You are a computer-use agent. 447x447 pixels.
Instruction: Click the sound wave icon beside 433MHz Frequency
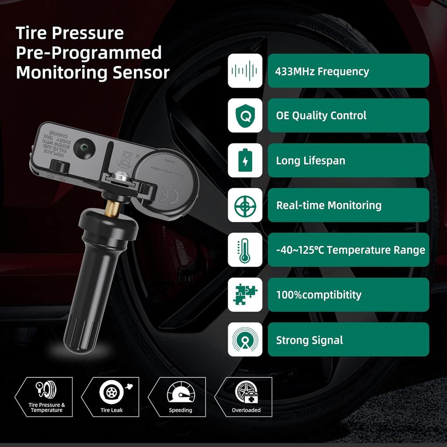tap(245, 71)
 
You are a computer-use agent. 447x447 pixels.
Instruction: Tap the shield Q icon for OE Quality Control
tap(245, 115)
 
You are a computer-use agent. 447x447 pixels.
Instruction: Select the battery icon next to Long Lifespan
tap(245, 160)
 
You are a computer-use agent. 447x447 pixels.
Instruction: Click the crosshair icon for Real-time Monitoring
tap(245, 205)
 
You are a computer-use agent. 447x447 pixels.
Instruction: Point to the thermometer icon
tap(245, 250)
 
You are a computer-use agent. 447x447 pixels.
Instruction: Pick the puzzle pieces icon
tap(245, 295)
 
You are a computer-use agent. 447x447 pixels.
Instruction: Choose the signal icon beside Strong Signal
tap(245, 340)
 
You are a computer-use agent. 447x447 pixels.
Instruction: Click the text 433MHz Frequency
tap(322, 71)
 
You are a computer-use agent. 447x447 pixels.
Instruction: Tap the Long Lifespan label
tap(310, 161)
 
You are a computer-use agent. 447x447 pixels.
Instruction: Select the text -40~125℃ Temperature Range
tap(351, 250)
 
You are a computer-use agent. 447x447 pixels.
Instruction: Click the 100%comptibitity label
tap(319, 295)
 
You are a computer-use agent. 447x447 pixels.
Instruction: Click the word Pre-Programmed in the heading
tap(89, 53)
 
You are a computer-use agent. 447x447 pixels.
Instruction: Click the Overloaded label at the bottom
tap(246, 410)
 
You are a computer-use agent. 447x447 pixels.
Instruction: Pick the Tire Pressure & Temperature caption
tap(47, 408)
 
